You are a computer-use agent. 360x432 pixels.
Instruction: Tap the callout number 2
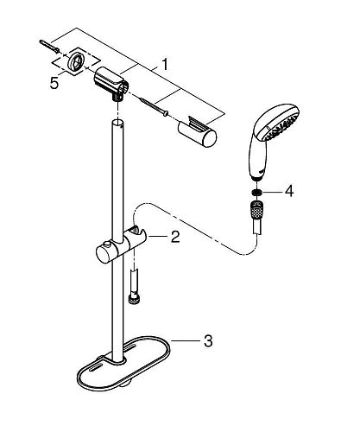pos(174,236)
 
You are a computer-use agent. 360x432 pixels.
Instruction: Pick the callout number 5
pos(56,85)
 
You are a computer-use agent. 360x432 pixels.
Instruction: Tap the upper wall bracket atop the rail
pos(111,85)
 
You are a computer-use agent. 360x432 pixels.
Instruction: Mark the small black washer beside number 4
pos(256,193)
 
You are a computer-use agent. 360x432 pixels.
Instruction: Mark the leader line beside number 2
pos(160,236)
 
